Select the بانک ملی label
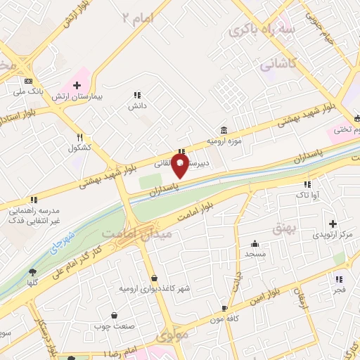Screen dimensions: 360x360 pyautogui.click(x=28, y=91)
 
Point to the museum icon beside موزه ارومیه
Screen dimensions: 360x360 pyautogui.click(x=223, y=130)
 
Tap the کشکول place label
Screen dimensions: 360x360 pyautogui.click(x=80, y=148)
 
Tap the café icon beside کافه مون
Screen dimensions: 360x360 pyautogui.click(x=224, y=308)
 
